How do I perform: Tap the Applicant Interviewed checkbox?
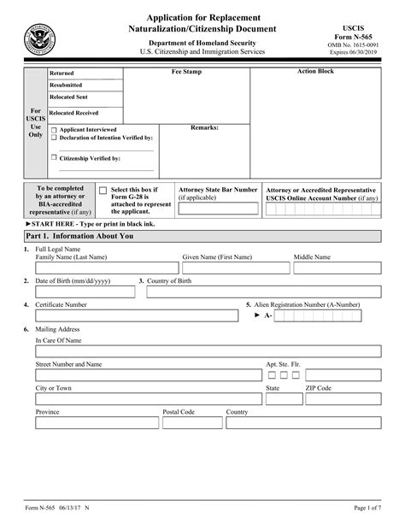tap(55, 130)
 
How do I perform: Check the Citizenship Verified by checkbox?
tap(55, 157)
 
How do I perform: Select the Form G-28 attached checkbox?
tap(103, 191)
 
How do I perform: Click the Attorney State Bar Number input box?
tap(217, 208)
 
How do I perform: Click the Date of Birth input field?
tap(85, 292)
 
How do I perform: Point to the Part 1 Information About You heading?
tap(79, 236)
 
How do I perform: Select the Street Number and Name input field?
tap(147, 374)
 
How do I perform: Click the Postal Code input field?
tap(191, 423)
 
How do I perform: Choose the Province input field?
tap(96, 423)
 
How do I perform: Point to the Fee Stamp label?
tap(186, 73)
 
